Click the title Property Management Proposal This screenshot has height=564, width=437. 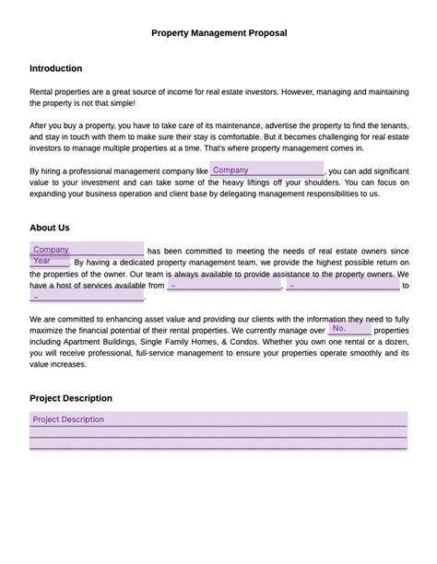coord(218,33)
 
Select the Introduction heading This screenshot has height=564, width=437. coord(55,68)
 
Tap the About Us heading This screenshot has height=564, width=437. coord(49,228)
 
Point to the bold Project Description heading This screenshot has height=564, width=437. coord(71,398)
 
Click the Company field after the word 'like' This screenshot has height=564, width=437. coord(266,170)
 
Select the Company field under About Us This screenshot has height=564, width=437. coord(87,250)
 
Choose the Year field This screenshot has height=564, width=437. coord(49,261)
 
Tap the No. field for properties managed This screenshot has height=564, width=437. coord(349,329)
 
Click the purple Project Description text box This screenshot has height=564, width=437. coord(218,430)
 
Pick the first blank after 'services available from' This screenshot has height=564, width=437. coord(224,286)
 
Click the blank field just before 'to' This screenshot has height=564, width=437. coord(342,286)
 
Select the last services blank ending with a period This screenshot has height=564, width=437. coord(87,297)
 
